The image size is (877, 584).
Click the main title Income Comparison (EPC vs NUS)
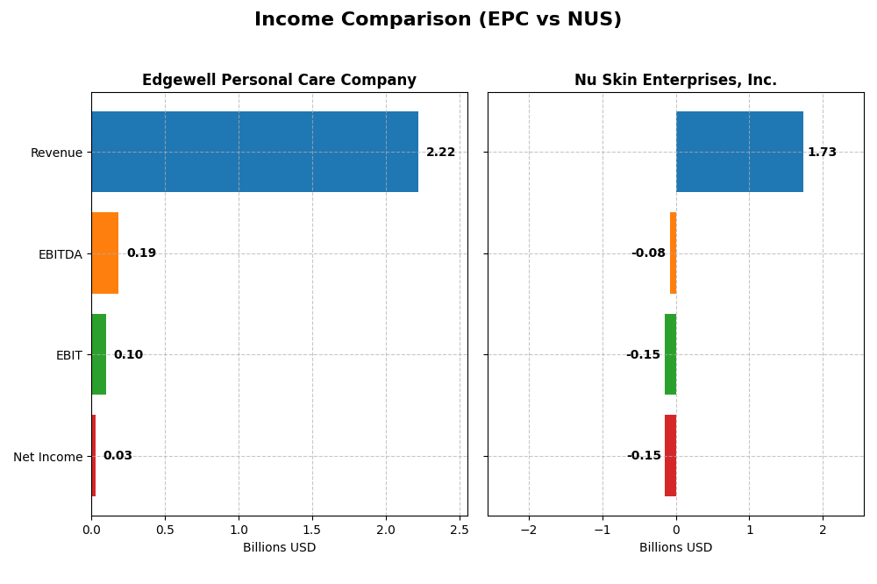pos(438,19)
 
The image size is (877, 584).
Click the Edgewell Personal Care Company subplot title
pos(279,81)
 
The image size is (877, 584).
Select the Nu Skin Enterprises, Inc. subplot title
pos(675,81)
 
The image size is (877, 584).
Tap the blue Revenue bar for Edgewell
pos(254,152)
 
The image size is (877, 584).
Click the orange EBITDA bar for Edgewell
pos(104,253)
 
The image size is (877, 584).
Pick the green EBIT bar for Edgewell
pos(98,354)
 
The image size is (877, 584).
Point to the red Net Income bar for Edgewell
pos(93,456)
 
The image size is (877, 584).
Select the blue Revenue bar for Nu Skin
pos(739,152)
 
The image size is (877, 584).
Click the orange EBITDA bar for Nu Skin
pos(673,253)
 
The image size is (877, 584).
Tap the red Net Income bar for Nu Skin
pos(670,456)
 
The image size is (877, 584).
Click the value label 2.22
pos(440,153)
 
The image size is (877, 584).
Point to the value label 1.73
pos(822,153)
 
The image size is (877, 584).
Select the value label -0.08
pos(648,253)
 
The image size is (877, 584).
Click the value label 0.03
pos(118,456)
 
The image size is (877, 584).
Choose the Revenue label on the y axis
pos(56,153)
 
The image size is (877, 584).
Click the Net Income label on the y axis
pos(47,457)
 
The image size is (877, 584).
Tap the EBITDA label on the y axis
pos(60,254)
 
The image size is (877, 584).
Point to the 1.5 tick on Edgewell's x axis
pos(312,530)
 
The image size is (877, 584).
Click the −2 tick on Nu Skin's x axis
pos(528,530)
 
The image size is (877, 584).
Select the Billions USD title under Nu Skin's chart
pos(675,548)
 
